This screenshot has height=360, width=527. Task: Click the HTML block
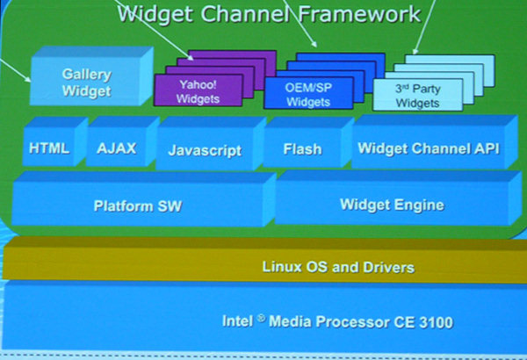coord(49,148)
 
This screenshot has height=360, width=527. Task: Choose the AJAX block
coord(117,148)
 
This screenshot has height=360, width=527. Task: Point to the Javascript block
coord(205,150)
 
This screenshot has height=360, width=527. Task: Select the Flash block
coord(302,149)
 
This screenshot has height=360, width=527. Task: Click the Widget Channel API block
coord(428,148)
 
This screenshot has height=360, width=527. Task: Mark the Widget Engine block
coord(392,205)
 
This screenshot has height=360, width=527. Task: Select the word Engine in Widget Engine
coord(420,205)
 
